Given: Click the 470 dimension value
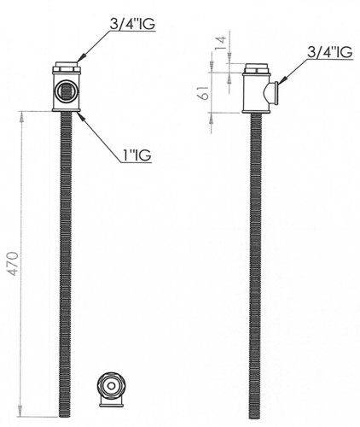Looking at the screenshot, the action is click(x=13, y=264).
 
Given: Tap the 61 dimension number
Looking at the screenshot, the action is click(x=203, y=92).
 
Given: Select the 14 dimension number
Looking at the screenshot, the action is click(x=221, y=43).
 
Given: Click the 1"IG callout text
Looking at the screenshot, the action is click(x=136, y=155).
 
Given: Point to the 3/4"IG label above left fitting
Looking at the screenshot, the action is click(x=132, y=24).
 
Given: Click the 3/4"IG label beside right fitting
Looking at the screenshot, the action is click(x=330, y=52).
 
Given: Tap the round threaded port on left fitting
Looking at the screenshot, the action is click(x=67, y=91).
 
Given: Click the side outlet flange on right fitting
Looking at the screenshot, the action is click(x=275, y=93).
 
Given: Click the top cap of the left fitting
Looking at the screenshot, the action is click(x=67, y=64).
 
